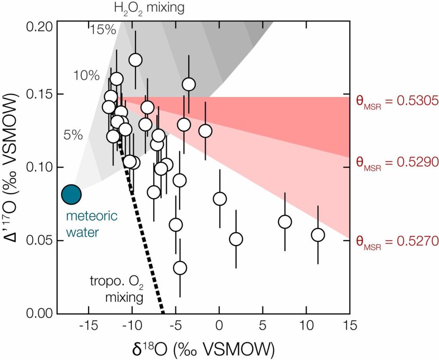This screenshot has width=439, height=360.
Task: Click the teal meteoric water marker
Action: click(71, 194)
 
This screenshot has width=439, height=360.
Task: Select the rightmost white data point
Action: click(318, 235)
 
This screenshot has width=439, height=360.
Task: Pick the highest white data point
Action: click(135, 60)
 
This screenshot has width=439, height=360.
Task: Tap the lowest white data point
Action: click(180, 268)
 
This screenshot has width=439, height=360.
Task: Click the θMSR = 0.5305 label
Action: click(397, 101)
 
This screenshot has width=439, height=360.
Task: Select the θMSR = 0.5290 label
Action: click(397, 162)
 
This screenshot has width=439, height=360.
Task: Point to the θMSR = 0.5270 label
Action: click(397, 241)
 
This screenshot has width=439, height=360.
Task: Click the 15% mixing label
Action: click(103, 30)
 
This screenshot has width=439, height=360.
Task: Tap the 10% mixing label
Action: click(86, 76)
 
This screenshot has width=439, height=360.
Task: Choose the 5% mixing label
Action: click(73, 135)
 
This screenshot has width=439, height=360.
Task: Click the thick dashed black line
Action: click(145, 237)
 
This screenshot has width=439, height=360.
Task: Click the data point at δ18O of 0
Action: click(219, 199)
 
